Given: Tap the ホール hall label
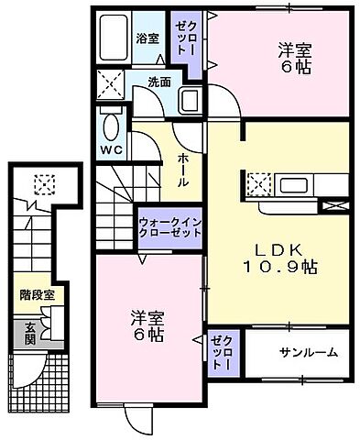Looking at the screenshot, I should pos(183,170).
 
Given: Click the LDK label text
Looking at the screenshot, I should pos(275,247).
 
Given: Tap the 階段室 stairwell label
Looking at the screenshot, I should pos(38,295).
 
